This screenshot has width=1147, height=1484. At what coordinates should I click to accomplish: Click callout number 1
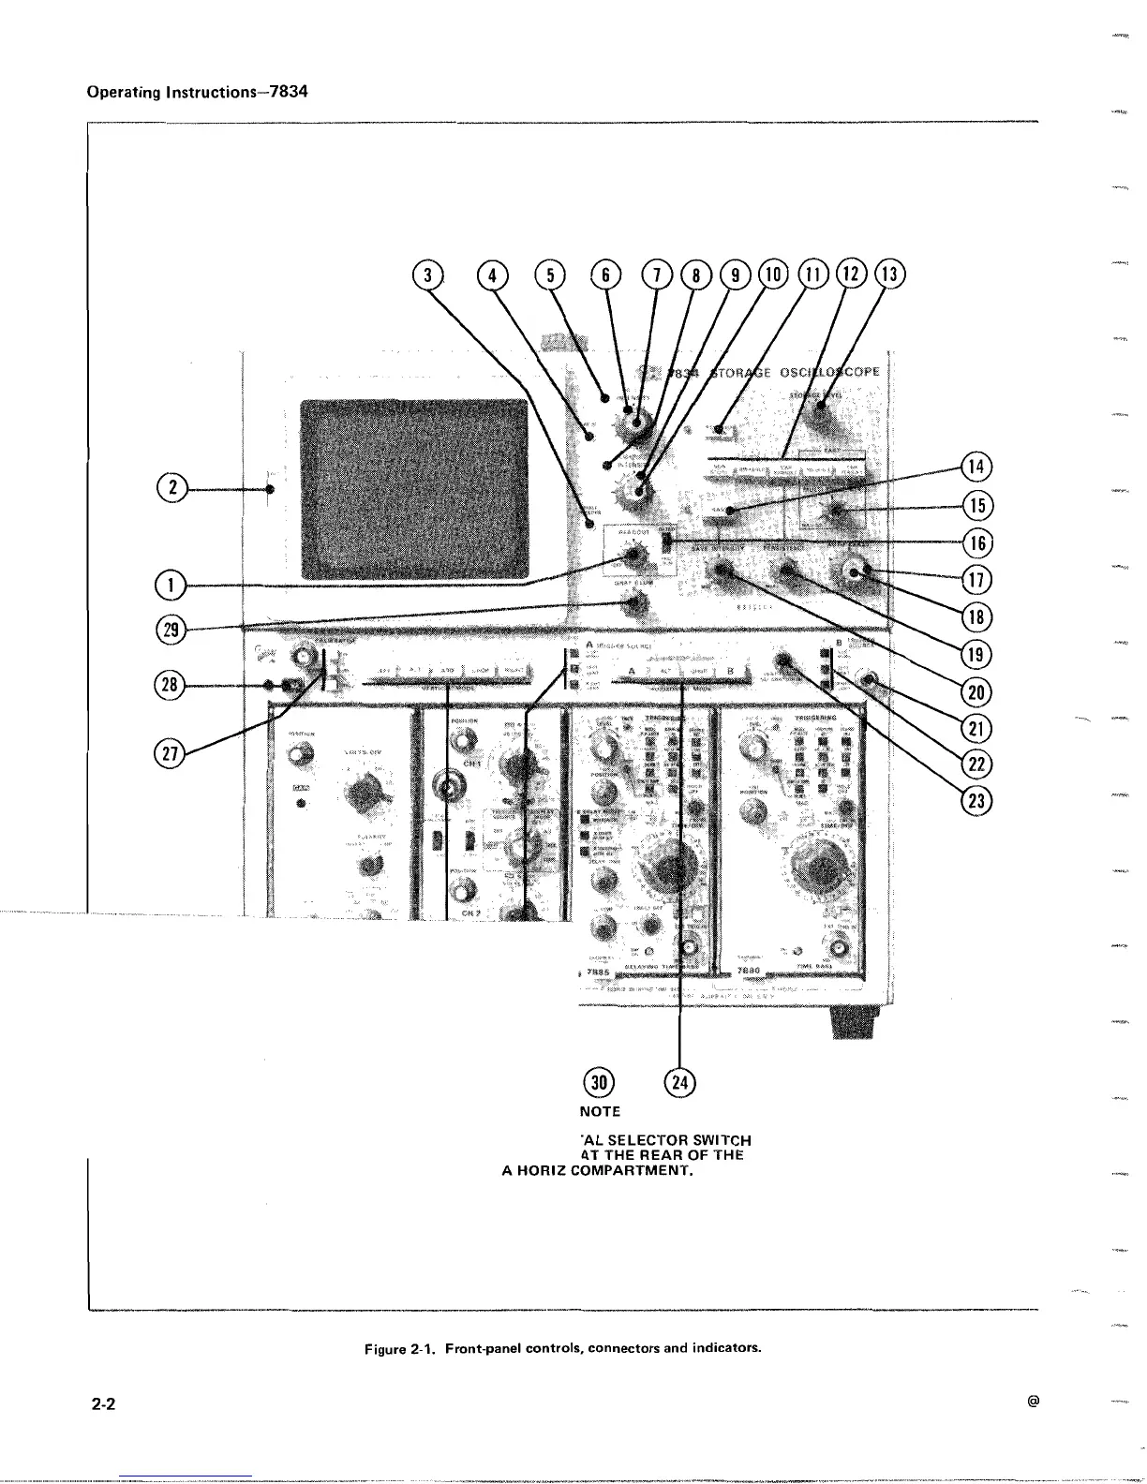tap(170, 586)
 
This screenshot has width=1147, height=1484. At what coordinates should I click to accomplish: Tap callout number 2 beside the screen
tap(170, 488)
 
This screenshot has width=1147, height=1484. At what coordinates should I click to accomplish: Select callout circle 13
tap(889, 275)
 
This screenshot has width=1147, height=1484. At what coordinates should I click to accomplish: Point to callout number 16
tap(977, 542)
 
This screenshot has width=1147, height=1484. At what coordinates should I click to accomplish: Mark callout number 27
tap(170, 750)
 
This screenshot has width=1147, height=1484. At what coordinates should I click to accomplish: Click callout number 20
tap(977, 691)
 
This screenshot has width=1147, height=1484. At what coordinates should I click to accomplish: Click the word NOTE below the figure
tap(600, 1111)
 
